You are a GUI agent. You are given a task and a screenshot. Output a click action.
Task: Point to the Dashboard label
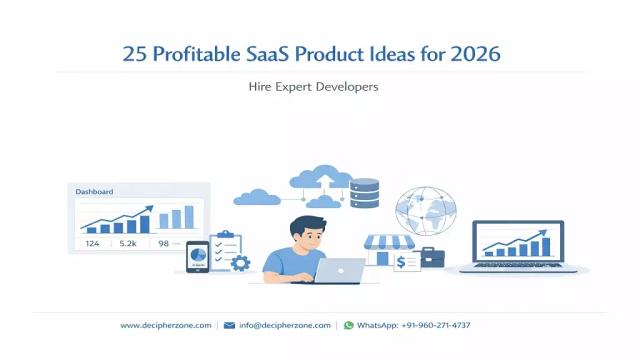point(95,191)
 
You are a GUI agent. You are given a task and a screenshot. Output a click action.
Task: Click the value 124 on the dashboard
point(92,243)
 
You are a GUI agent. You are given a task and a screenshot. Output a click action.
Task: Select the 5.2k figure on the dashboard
point(128,243)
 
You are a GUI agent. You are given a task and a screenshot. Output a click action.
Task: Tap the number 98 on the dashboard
point(163,243)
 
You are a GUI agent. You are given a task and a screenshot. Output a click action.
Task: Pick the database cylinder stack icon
point(365,194)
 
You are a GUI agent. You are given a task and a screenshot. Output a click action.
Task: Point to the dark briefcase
point(432,257)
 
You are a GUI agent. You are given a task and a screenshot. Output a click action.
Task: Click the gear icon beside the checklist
point(240,263)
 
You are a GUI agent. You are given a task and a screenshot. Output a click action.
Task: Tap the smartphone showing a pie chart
point(198,256)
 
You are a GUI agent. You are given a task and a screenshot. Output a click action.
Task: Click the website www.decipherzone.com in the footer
point(166,325)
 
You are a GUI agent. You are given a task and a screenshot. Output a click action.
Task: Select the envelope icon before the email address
point(229,325)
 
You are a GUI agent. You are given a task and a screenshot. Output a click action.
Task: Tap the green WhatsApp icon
point(348,325)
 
